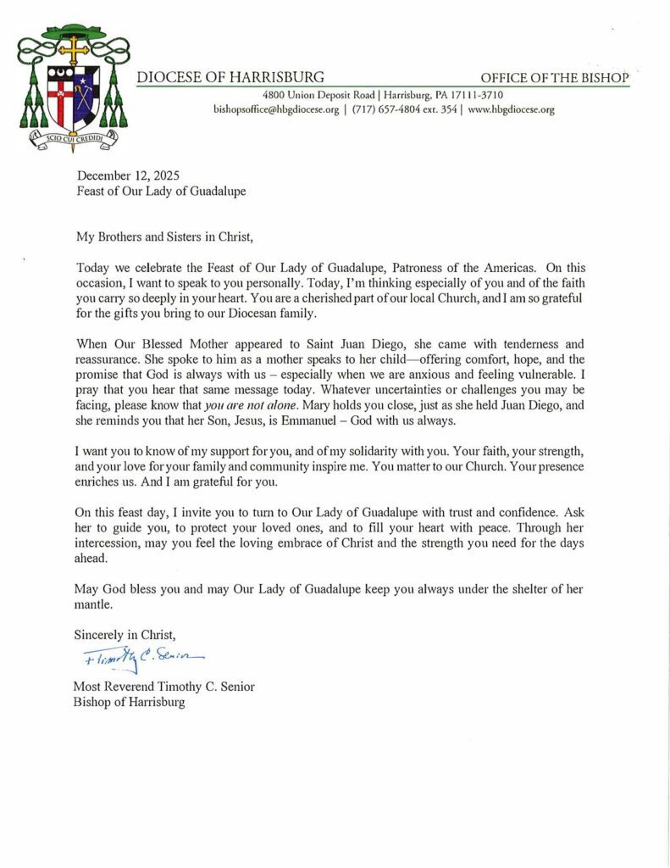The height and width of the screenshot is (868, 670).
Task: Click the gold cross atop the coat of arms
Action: (73, 49)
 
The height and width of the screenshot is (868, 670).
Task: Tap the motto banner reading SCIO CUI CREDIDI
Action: (73, 136)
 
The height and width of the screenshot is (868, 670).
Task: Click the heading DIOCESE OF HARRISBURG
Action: (230, 77)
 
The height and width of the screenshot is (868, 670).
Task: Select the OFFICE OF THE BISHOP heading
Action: (555, 78)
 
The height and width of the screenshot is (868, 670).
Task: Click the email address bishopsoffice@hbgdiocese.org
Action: (276, 109)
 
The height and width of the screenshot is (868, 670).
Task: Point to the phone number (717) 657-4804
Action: (382, 109)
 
